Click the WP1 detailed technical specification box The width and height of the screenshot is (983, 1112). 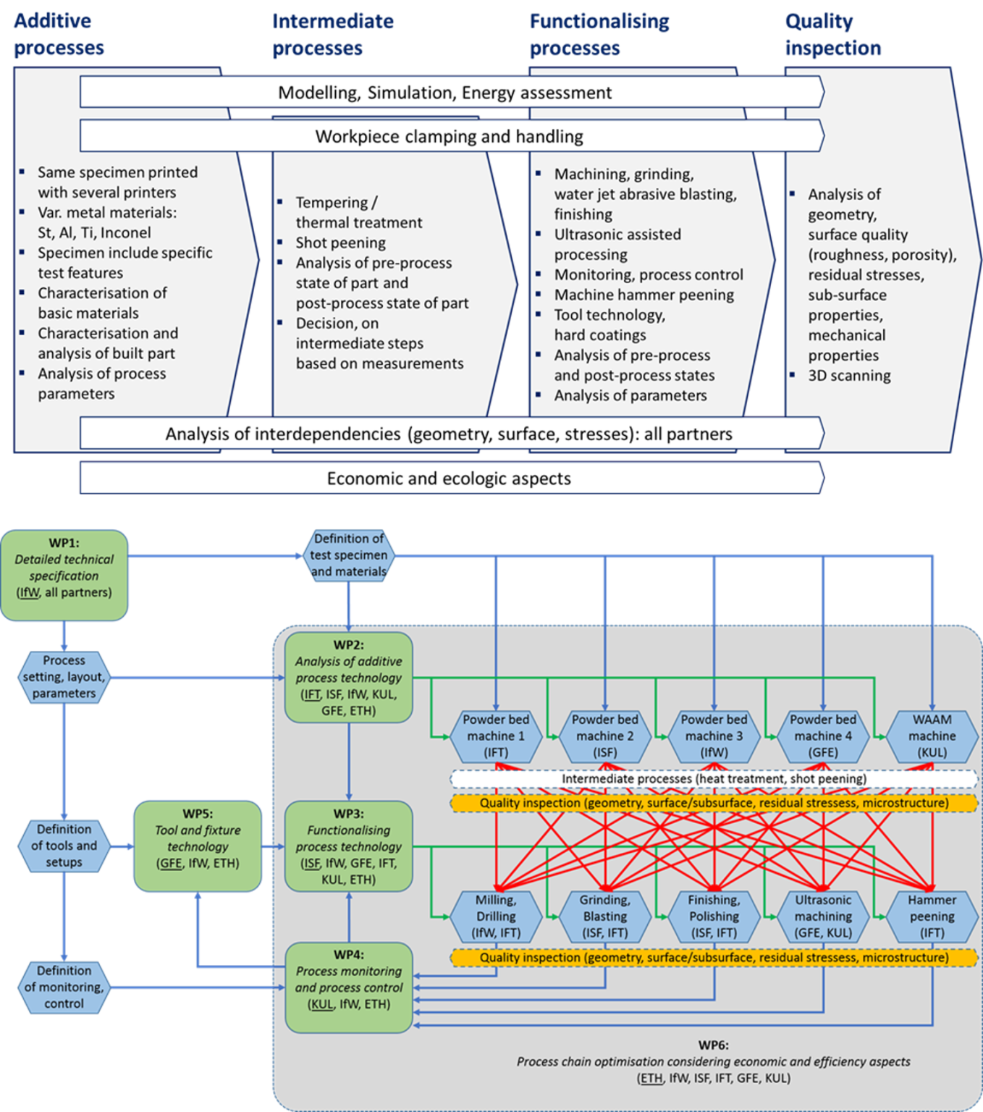(x=64, y=575)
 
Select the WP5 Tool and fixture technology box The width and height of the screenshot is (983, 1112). (x=198, y=846)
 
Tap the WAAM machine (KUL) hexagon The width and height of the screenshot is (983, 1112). (x=932, y=736)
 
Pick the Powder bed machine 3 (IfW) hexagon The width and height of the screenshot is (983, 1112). (x=714, y=736)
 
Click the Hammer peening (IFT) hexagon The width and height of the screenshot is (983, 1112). (x=932, y=917)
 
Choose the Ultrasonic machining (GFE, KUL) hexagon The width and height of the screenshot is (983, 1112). (x=823, y=917)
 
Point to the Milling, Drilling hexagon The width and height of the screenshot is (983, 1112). (x=496, y=917)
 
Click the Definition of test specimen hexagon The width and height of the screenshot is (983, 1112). (x=348, y=555)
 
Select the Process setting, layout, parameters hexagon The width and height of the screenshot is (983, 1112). (x=64, y=677)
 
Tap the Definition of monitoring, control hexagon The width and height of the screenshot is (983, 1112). (x=64, y=987)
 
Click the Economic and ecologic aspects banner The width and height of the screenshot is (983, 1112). (x=449, y=479)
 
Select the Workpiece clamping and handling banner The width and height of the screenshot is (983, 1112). (x=449, y=136)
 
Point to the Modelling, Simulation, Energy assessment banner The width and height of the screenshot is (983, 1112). (x=445, y=93)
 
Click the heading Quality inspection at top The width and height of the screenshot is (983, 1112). (x=833, y=35)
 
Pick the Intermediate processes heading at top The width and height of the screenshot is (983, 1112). (x=332, y=35)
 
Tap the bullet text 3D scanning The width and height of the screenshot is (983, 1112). (x=849, y=376)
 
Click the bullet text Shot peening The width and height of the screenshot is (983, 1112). (x=340, y=243)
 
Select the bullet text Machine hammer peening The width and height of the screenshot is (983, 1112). (x=644, y=295)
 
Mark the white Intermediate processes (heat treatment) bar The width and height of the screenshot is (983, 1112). (x=714, y=779)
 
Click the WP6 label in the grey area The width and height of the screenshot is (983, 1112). (x=713, y=1045)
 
